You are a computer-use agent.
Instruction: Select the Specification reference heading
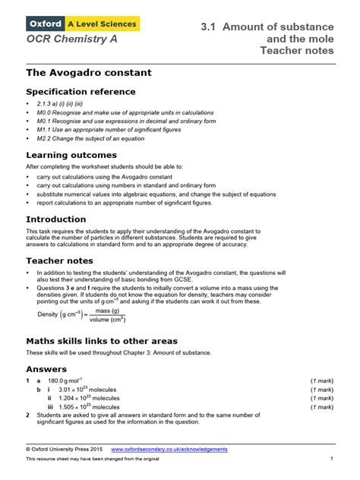pyautogui.click(x=81, y=92)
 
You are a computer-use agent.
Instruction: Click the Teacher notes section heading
pyautogui.click(x=61, y=261)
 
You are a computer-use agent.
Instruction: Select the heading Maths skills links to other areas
pyautogui.click(x=112, y=340)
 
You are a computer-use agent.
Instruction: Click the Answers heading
pyautogui.click(x=47, y=369)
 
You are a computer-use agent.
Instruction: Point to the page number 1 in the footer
pyautogui.click(x=332, y=459)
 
